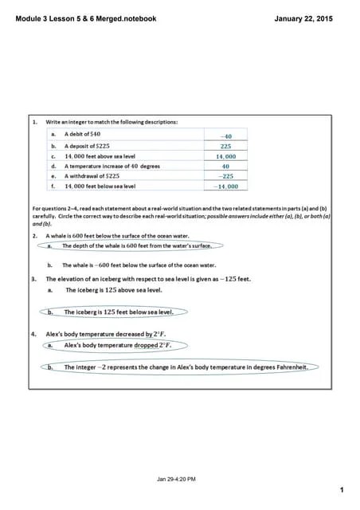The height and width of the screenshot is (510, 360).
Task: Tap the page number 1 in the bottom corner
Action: pyautogui.click(x=340, y=489)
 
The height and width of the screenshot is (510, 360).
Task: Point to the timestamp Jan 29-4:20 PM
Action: pyautogui.click(x=177, y=478)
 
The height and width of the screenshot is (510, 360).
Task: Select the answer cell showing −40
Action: pyautogui.click(x=225, y=136)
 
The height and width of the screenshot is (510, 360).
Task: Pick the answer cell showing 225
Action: pyautogui.click(x=225, y=147)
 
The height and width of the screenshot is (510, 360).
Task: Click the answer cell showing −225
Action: pyautogui.click(x=226, y=176)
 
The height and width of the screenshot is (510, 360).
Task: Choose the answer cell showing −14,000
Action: pyautogui.click(x=226, y=186)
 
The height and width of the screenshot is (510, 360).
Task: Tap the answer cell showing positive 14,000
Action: pyautogui.click(x=226, y=157)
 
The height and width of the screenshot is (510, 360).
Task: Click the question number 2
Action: pyautogui.click(x=34, y=237)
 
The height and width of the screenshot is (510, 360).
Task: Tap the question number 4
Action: pyautogui.click(x=34, y=335)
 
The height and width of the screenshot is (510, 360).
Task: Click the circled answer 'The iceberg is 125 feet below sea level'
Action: pyautogui.click(x=117, y=312)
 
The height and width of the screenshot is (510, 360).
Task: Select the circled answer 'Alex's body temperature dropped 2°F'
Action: pyautogui.click(x=117, y=346)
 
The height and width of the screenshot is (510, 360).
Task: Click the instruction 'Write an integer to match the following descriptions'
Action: pyautogui.click(x=112, y=122)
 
